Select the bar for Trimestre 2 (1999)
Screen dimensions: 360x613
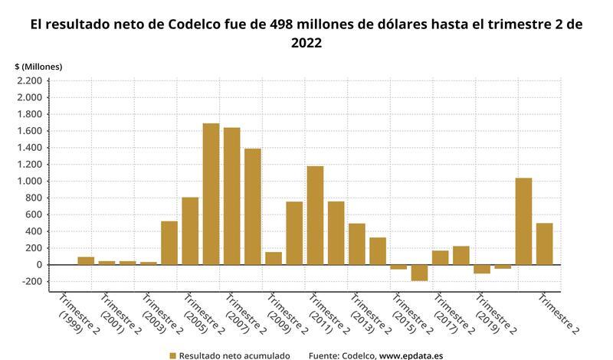86,260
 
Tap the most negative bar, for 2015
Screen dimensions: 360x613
419,273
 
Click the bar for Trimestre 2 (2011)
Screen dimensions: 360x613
336,233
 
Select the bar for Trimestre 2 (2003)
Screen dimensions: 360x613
169,243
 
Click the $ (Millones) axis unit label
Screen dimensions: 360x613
38,67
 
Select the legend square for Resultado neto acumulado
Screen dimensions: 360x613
172,355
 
